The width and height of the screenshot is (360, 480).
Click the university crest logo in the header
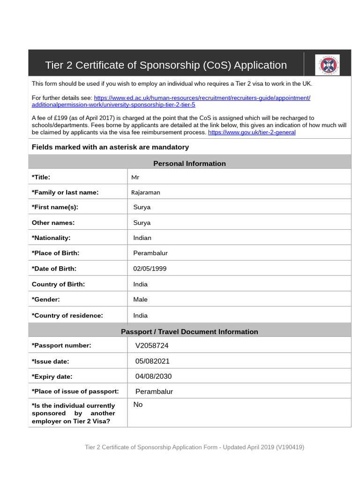[x=327, y=65]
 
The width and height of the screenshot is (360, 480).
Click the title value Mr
[x=135, y=177]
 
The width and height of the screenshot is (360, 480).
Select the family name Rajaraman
[x=145, y=192]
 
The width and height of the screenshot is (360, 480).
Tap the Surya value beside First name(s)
[x=142, y=207]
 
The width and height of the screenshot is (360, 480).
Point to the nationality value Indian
[x=142, y=238]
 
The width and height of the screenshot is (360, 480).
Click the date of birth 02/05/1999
[x=150, y=269]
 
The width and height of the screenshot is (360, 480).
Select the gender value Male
[x=140, y=299]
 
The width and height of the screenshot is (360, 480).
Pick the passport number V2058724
[x=152, y=345]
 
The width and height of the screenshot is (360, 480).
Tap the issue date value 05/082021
[x=152, y=361]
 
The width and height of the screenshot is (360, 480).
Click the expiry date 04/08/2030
[x=153, y=376]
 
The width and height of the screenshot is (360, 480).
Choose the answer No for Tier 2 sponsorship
[x=138, y=405]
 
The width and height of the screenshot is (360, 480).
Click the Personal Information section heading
[x=189, y=163]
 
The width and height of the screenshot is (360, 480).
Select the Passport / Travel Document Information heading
[x=189, y=331]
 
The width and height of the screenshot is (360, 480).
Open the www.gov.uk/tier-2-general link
[x=252, y=132]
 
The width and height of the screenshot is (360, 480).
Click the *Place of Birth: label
[x=55, y=253]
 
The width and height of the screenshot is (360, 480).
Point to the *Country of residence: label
[x=67, y=315]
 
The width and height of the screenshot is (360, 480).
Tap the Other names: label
[x=53, y=223]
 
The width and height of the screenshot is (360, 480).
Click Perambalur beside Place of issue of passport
[x=154, y=391]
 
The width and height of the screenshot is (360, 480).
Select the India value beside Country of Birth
[x=140, y=284]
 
